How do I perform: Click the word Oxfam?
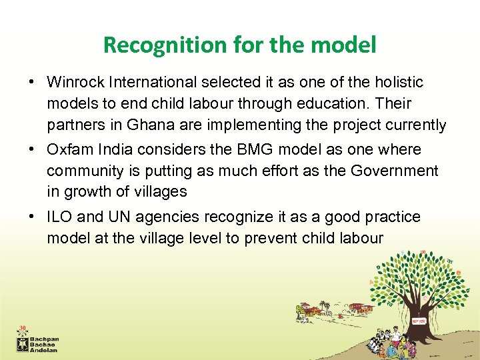pyautogui.click(x=68, y=150)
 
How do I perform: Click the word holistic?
pyautogui.click(x=397, y=83)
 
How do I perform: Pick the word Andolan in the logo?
pyautogui.click(x=46, y=349)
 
